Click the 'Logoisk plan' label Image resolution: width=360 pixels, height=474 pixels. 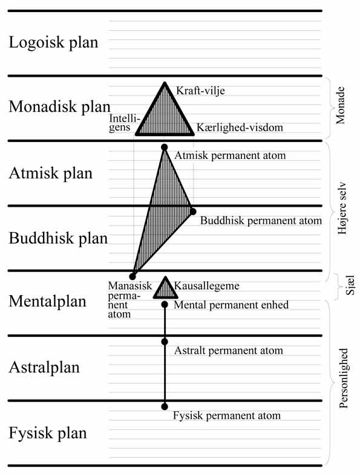tap(53, 42)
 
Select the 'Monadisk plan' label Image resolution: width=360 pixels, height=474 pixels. tap(59, 107)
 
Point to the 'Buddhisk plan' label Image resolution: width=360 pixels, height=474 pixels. tap(58, 238)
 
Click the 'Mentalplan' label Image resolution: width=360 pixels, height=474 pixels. tap(47, 301)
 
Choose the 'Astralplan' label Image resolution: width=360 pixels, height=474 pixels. tap(44, 368)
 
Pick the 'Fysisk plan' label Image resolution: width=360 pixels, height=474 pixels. tap(47, 433)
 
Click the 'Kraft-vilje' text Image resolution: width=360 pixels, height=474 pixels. tap(201, 91)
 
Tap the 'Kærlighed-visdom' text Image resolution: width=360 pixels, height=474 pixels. tap(240, 128)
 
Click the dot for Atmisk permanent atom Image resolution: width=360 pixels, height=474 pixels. tap(165, 148)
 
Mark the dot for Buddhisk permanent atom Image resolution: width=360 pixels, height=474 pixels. tap(193, 212)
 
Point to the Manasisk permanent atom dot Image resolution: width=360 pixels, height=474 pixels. tap(132, 276)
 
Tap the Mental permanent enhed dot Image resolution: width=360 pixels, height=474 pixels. tap(165, 305)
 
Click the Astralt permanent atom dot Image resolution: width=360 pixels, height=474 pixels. tap(165, 342)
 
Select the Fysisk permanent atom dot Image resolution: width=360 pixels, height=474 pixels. tap(165, 406)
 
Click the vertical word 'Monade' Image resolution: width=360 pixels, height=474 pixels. tap(341, 105)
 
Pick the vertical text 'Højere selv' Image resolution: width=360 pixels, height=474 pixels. tap(342, 208)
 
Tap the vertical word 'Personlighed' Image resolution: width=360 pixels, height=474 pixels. tap(344, 378)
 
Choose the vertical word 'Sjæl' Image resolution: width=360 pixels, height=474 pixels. tap(350, 285)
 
